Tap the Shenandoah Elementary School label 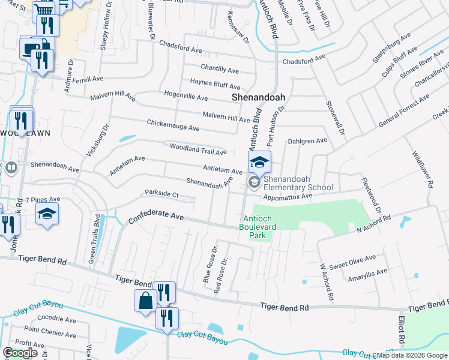(x=298, y=183)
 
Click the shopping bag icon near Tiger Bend (x=146, y=300)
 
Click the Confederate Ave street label (x=155, y=217)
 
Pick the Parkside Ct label (x=161, y=194)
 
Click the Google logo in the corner (x=20, y=353)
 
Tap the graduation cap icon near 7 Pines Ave (x=47, y=214)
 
